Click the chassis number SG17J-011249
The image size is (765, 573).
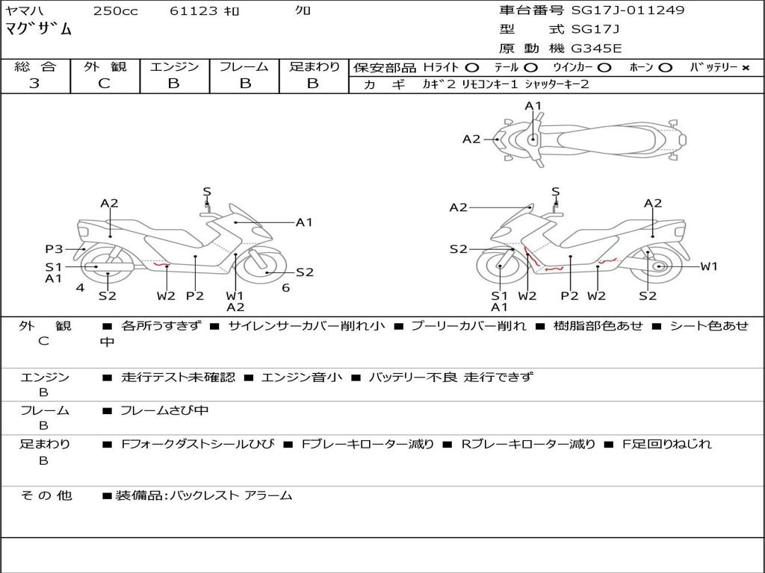(x=628, y=10)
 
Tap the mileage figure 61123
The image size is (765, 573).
(x=193, y=10)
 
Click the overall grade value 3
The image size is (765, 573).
(x=34, y=84)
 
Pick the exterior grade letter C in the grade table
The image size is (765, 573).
(x=104, y=84)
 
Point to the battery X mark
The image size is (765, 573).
(x=745, y=68)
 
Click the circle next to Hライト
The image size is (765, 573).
(x=472, y=68)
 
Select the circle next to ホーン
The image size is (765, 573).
(x=664, y=68)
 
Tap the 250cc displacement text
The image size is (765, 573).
(x=116, y=10)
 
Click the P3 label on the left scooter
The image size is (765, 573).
(x=54, y=249)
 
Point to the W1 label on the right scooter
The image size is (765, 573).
(x=709, y=266)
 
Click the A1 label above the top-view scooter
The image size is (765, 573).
(x=533, y=106)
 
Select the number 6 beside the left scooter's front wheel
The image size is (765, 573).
(x=286, y=287)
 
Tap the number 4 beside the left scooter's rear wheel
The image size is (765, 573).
(x=80, y=287)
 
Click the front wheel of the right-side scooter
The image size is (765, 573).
(x=500, y=266)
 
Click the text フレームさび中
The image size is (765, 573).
(x=164, y=411)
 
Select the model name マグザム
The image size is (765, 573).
(x=38, y=29)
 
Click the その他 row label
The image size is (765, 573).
(x=46, y=495)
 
